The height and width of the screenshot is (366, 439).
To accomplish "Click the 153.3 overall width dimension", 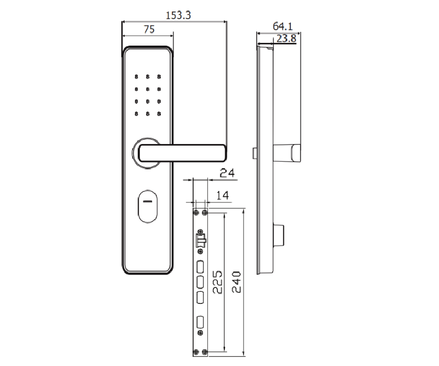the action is (x=178, y=15).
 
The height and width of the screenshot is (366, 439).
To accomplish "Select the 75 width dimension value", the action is (x=149, y=29).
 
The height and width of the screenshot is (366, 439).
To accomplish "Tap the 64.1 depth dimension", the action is (x=283, y=26).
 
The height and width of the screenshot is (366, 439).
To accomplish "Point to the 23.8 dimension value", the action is (x=286, y=38).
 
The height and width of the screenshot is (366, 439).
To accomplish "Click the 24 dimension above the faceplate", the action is (x=227, y=173).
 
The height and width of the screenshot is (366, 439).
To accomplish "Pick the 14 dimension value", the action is (x=223, y=195).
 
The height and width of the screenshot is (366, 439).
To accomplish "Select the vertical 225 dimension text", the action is (x=217, y=282).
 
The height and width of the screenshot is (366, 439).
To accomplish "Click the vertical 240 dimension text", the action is (x=237, y=282).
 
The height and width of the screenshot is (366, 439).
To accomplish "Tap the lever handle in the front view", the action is (x=182, y=153).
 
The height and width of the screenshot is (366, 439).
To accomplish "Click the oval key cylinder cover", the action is (x=148, y=207).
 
